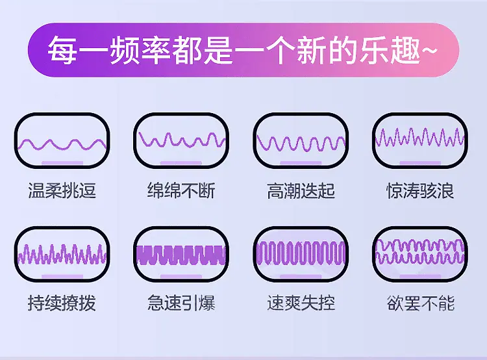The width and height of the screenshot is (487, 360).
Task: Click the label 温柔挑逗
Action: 62,190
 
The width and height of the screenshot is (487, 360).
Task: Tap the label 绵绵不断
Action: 181,190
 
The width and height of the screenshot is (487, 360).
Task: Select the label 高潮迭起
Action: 301,190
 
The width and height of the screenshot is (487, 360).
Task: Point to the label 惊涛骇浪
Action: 420,190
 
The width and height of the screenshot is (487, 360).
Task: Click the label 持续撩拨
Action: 62,303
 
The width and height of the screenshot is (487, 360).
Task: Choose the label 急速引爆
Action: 181,303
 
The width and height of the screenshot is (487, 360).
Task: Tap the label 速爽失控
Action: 301,303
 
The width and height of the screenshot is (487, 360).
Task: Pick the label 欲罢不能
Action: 421,303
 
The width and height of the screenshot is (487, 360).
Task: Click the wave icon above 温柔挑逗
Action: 62,144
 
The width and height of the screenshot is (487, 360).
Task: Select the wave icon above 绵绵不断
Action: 181,140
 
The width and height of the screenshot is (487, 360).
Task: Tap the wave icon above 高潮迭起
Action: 301,144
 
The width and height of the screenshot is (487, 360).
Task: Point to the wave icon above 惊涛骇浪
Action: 420,137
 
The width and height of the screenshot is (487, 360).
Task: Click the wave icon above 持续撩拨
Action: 62,254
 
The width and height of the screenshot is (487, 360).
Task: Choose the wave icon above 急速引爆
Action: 181,255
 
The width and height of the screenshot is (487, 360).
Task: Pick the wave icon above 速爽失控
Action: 301,253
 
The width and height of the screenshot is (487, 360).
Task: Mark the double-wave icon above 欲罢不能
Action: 420,251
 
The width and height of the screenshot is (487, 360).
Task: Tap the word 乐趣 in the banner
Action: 390,50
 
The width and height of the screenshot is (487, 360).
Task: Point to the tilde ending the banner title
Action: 429,50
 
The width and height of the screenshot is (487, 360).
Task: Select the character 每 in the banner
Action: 62,50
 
